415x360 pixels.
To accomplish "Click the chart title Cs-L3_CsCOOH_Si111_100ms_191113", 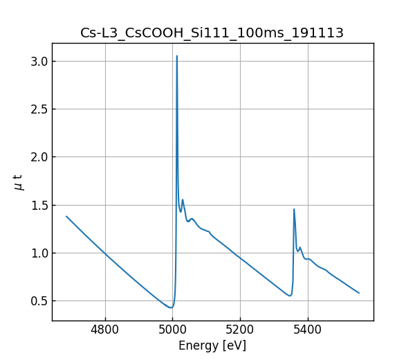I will tap(212, 33).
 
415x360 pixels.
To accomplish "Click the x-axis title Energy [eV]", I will tap(212, 345).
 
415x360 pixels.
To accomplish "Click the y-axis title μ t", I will tap(19, 182).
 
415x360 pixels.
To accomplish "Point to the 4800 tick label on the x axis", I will tap(105, 330).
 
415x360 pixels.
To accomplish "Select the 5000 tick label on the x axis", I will tap(173, 330).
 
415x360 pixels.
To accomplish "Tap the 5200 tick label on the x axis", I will tap(240, 330).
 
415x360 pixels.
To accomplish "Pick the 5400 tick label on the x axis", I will tap(308, 330).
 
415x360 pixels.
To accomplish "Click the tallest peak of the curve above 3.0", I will tap(177, 56).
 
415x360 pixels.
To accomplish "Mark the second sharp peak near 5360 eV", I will tap(294, 209).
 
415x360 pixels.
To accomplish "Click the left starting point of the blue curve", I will tap(66, 216).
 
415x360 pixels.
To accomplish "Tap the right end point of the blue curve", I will tap(359, 293).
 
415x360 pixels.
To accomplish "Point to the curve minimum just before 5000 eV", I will tap(170, 307).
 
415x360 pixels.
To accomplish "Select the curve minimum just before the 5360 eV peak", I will tap(290, 296).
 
